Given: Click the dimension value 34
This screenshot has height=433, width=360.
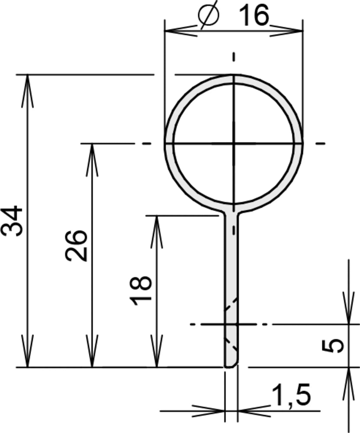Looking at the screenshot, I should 12,221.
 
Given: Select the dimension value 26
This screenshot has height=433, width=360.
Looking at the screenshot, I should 77,245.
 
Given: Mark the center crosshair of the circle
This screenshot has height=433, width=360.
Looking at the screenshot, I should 234,144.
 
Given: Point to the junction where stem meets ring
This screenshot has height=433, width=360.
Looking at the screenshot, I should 232,211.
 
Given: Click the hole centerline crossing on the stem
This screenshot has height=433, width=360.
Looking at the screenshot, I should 232,324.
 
